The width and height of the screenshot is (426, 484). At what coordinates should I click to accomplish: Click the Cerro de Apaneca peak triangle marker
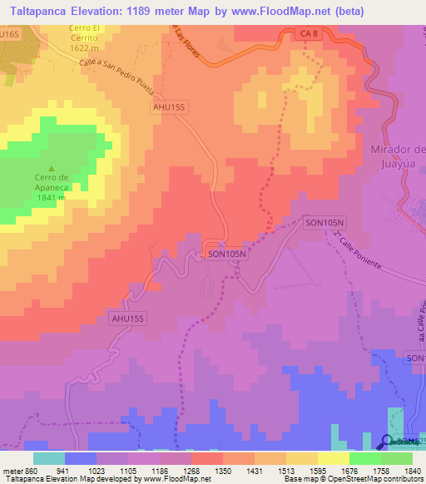pos(54,167)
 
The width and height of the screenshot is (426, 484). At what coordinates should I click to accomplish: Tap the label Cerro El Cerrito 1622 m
pos(84,37)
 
